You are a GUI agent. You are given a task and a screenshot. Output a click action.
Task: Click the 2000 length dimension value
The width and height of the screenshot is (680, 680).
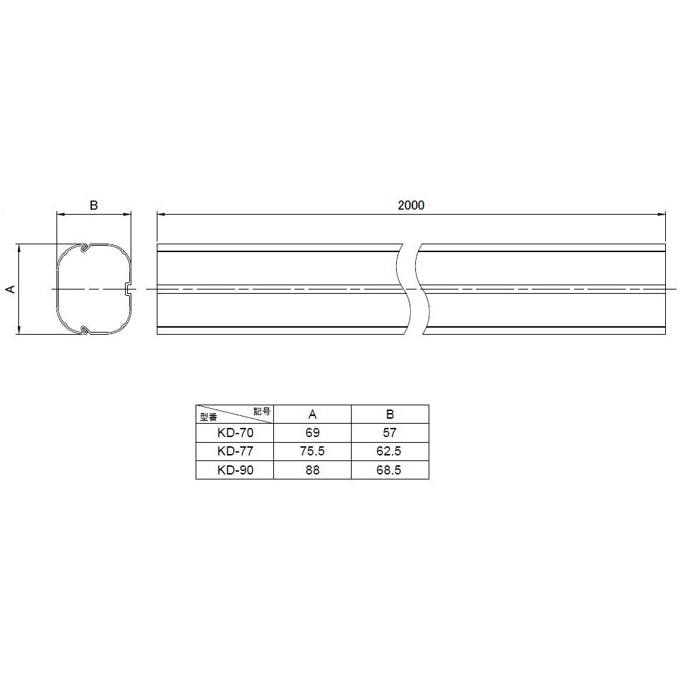pos(411,205)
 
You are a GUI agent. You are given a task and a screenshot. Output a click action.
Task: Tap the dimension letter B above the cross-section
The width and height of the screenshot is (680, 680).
pos(94,205)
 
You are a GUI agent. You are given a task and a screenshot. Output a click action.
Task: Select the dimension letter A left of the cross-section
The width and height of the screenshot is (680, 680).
pos(11,289)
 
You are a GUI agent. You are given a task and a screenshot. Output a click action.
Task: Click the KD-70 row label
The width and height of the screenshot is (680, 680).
pos(235,432)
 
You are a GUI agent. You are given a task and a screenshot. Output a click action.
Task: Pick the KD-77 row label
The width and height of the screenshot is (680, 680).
pos(235,451)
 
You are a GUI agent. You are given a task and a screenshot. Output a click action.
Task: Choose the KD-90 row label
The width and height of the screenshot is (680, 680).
pos(235,470)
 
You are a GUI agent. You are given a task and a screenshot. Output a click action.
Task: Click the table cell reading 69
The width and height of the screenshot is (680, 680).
pos(312,432)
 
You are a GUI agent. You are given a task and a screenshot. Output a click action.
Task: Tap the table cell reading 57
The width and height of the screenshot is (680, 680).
pos(390,432)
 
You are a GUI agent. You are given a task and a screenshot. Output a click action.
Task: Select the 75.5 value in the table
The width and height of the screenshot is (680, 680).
pos(312,451)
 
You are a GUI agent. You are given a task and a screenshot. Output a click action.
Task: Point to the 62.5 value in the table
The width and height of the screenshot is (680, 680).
pos(389,451)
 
